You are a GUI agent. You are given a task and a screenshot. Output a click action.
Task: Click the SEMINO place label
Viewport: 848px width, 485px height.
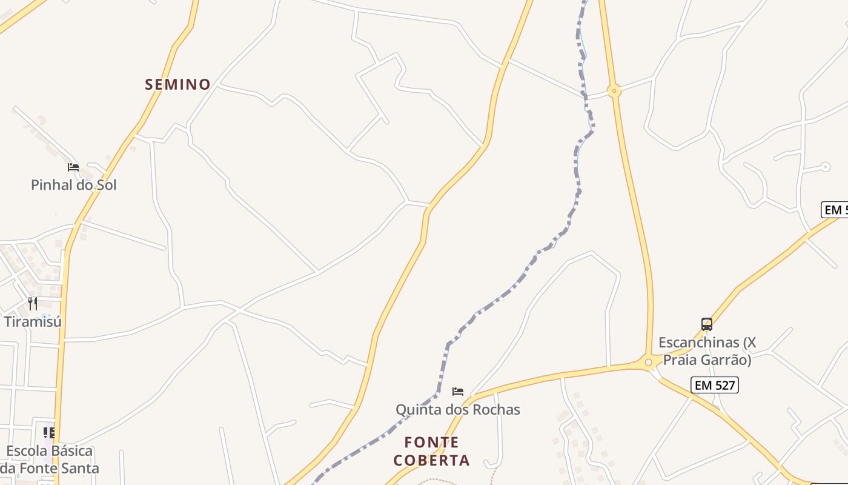click(177, 84)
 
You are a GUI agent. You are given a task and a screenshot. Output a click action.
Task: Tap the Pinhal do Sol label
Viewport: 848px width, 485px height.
click(73, 185)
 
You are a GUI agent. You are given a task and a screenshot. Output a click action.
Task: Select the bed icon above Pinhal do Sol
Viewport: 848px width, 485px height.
click(73, 167)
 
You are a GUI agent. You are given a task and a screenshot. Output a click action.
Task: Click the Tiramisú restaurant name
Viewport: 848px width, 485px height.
click(33, 321)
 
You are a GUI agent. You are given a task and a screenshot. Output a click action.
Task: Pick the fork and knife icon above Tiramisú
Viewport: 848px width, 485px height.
click(33, 303)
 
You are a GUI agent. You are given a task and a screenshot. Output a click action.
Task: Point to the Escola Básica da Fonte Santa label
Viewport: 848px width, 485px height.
click(49, 460)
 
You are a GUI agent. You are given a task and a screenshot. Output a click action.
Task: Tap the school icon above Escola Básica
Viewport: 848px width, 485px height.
click(49, 433)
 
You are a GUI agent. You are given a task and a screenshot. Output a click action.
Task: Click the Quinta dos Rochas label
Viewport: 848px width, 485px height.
click(457, 409)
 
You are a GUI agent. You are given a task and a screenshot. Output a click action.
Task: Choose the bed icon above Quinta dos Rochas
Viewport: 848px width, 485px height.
click(458, 392)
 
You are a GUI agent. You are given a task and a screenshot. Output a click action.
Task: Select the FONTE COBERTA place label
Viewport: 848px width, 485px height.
click(431, 451)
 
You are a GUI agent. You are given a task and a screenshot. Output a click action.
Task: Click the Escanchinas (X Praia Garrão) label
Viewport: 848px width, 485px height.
click(707, 351)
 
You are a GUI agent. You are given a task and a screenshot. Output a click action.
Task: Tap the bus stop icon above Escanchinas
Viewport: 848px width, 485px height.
click(706, 324)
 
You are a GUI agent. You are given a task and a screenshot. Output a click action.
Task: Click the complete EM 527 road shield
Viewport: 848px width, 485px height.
click(715, 384)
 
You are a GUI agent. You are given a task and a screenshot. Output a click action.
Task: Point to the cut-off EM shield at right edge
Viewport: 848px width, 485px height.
click(835, 210)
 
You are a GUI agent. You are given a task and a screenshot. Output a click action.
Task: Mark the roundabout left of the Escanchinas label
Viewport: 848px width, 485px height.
click(649, 363)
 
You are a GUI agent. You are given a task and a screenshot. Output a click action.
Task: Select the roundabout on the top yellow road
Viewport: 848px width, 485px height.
click(614, 91)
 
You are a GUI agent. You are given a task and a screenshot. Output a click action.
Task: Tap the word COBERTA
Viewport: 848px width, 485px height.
click(431, 460)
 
